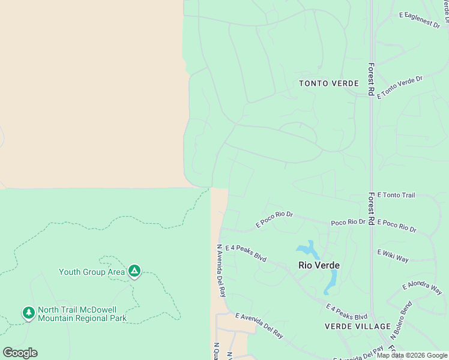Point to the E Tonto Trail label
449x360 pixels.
pyautogui.click(x=391, y=196)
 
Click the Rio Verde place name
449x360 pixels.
pyautogui.click(x=319, y=265)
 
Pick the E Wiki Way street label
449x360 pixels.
pyautogui.click(x=393, y=256)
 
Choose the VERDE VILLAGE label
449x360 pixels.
pyautogui.click(x=357, y=326)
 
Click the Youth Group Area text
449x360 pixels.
pyautogui.click(x=92, y=272)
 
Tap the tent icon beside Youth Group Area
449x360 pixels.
pyautogui.click(x=134, y=272)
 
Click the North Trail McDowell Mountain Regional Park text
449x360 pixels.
pyautogui.click(x=82, y=314)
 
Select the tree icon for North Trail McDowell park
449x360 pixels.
pyautogui.click(x=28, y=313)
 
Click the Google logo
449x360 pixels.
pyautogui.click(x=20, y=353)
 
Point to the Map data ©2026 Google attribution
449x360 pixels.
pyautogui.click(x=412, y=355)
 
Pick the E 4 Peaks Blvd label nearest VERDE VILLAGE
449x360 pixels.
pyautogui.click(x=346, y=312)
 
